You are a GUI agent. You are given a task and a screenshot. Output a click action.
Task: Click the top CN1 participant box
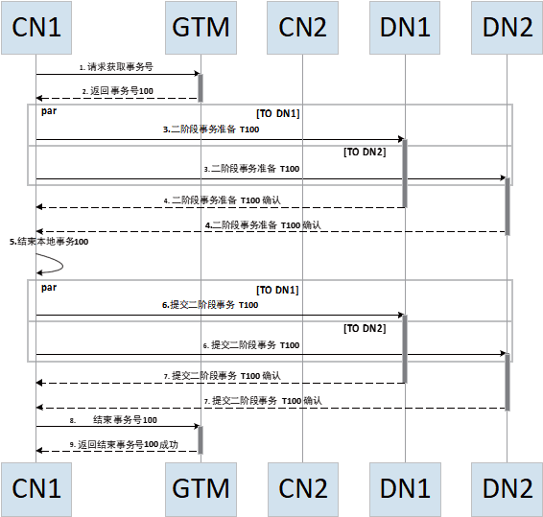(x=36, y=28)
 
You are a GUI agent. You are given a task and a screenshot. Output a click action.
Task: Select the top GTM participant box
(x=201, y=28)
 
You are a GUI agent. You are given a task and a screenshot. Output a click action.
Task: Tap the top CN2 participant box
(x=302, y=28)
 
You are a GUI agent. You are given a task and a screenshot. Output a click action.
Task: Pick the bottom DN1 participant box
(x=405, y=489)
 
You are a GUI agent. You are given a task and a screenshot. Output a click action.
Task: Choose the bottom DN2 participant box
(x=507, y=489)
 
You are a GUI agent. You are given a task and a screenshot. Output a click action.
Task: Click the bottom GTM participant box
(x=201, y=489)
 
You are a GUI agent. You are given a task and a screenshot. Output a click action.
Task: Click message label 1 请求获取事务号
(x=116, y=67)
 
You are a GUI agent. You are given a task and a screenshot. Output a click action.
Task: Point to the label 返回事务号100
(x=118, y=91)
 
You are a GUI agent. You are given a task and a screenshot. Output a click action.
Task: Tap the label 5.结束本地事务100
(x=49, y=242)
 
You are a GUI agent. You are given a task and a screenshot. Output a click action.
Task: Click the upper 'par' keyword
(x=49, y=111)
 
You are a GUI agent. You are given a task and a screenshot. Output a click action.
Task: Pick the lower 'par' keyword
(x=49, y=288)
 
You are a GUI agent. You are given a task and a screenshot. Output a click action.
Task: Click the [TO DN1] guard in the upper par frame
(x=277, y=113)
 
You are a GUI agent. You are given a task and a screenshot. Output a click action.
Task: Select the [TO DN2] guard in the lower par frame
(x=365, y=328)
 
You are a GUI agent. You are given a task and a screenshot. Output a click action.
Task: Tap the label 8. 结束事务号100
(x=113, y=420)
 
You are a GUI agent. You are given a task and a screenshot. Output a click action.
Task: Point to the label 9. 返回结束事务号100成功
(x=124, y=445)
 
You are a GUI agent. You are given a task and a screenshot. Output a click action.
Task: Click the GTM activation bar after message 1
(x=201, y=87)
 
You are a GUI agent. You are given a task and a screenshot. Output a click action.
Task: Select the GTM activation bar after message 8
(x=201, y=440)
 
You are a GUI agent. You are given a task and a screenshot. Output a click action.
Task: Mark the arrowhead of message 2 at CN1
(x=38, y=99)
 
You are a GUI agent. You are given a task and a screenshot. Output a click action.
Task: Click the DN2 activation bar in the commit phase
(x=508, y=382)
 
